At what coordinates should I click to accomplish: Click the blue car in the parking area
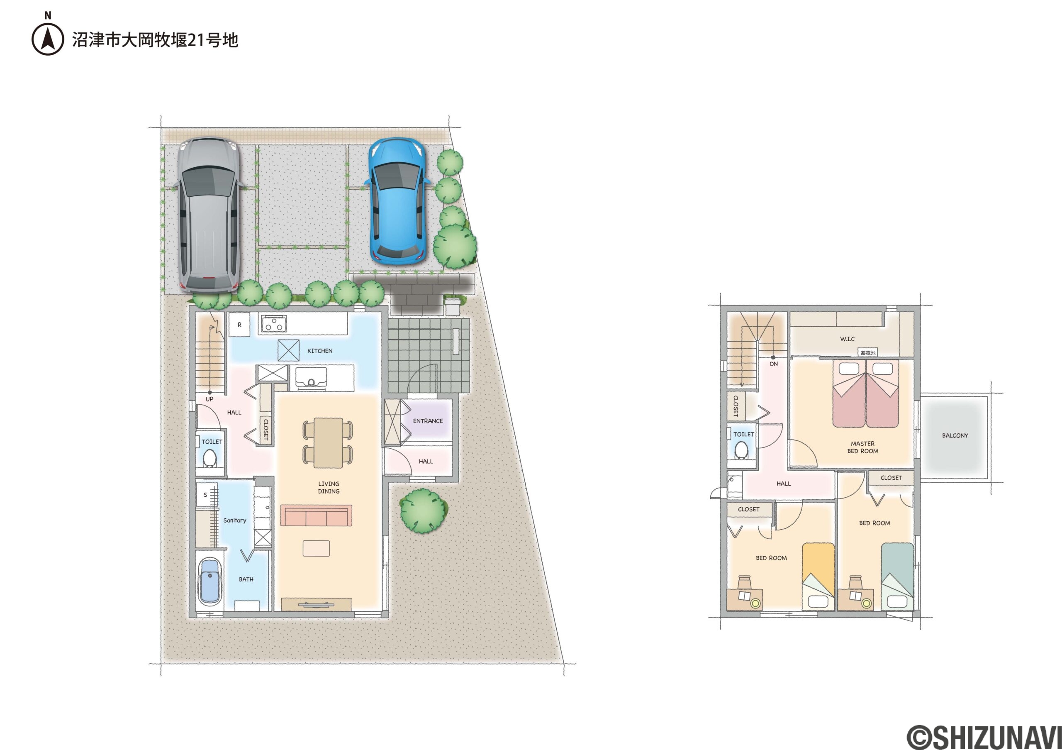click(397, 201)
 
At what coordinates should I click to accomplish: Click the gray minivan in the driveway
click(209, 215)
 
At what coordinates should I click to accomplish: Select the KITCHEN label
click(319, 351)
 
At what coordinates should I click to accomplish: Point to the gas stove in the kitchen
click(274, 324)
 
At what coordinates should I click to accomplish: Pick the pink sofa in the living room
click(317, 515)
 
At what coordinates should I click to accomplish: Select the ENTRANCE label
click(428, 421)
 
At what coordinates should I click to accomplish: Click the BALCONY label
click(955, 435)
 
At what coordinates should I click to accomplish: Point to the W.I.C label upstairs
click(848, 339)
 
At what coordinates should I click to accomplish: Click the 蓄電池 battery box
click(868, 352)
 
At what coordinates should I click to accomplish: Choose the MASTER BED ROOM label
click(862, 447)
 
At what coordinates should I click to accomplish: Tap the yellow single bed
click(818, 577)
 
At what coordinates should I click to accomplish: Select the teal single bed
click(897, 577)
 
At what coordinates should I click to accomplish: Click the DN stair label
click(774, 364)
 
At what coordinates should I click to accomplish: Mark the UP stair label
click(209, 399)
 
